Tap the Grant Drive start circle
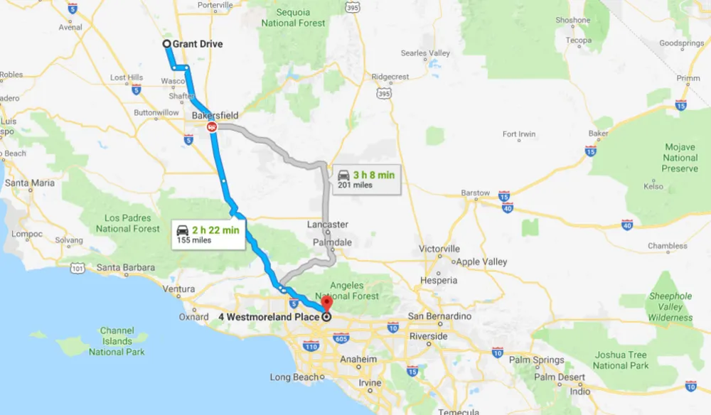click(167, 44)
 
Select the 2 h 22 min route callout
click(210, 234)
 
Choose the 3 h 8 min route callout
click(365, 179)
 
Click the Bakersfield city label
click(215, 115)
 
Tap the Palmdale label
click(332, 242)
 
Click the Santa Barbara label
click(125, 268)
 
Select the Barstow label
click(476, 193)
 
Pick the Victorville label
click(439, 249)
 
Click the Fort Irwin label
click(519, 134)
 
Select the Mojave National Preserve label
click(680, 158)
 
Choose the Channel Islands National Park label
click(117, 341)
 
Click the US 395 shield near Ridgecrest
click(384, 94)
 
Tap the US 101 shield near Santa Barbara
click(78, 268)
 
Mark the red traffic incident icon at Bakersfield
click(211, 127)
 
